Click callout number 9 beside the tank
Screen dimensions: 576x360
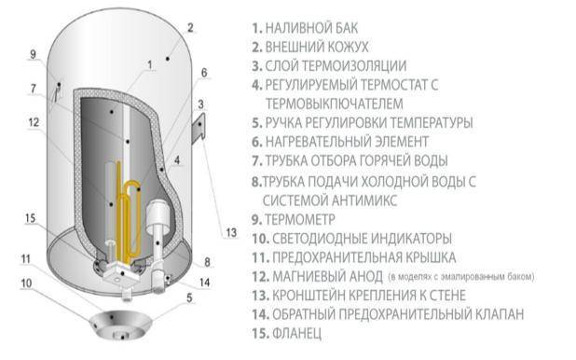[x=33, y=54]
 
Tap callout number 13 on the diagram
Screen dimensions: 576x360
[x=231, y=232]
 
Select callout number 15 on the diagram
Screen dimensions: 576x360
[x=31, y=218]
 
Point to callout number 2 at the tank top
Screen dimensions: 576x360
[x=190, y=28]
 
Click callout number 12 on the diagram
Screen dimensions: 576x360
[x=34, y=122]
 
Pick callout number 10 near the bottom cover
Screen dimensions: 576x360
[x=26, y=284]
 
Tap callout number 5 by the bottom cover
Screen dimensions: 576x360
[x=189, y=298]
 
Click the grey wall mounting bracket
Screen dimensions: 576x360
[x=199, y=127]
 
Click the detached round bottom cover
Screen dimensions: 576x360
[x=121, y=325]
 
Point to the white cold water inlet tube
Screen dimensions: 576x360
[x=158, y=242]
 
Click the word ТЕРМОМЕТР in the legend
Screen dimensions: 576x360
[x=300, y=219]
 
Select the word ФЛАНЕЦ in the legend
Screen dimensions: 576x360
[x=296, y=333]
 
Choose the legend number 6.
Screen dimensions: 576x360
[x=256, y=142]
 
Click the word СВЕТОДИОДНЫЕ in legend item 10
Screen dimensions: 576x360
[x=319, y=239]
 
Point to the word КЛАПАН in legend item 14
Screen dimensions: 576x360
[x=500, y=314]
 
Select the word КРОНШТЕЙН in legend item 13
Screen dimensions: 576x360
[x=308, y=296]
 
